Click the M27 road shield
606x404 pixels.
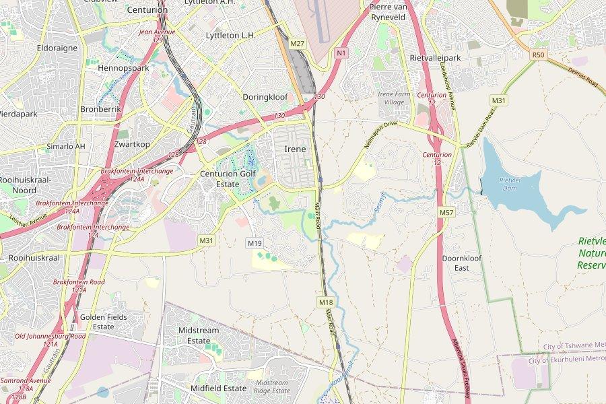tap(298, 43)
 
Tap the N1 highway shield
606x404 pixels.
tap(341, 53)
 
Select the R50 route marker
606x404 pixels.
tap(537, 55)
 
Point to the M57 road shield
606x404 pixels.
tap(446, 212)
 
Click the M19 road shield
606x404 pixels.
tap(254, 243)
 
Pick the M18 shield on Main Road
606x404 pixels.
tap(326, 302)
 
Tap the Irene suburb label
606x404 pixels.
tap(295, 149)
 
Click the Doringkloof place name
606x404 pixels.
tap(265, 97)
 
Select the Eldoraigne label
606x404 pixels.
tap(57, 48)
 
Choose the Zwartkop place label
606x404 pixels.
tap(131, 144)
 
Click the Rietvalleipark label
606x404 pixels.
tap(435, 58)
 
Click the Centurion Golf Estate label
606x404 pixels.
tap(228, 178)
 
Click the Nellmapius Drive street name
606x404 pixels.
tap(381, 135)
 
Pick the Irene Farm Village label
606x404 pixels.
tap(394, 98)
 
